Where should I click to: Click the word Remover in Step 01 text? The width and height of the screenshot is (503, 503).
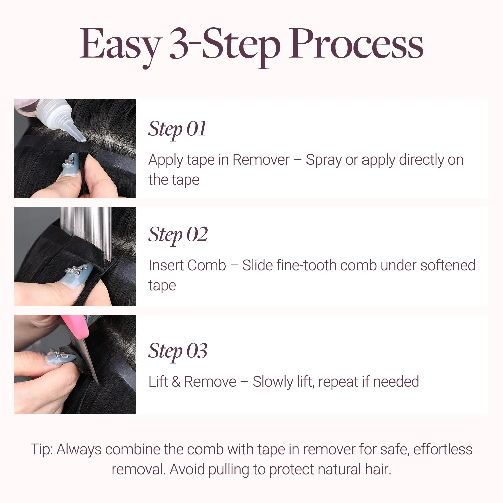click(x=261, y=160)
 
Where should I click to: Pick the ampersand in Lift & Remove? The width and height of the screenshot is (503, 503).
click(x=176, y=382)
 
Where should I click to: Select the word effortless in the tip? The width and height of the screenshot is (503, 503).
click(x=443, y=449)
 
